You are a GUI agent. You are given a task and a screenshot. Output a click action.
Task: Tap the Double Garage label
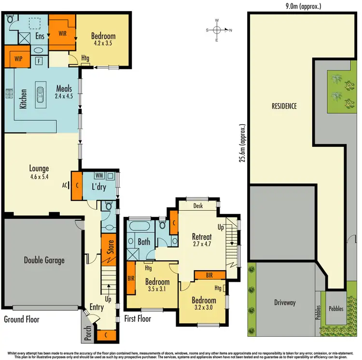44,260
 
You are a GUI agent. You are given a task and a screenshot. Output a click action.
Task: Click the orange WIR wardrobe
62,33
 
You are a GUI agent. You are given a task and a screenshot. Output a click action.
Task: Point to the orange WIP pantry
18,58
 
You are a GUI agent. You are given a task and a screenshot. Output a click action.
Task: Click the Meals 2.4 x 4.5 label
64,92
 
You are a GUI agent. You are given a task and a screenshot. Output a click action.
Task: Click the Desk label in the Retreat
197,206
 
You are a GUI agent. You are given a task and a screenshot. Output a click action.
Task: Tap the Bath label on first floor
144,242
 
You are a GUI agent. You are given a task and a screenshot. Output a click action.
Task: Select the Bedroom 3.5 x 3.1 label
157,286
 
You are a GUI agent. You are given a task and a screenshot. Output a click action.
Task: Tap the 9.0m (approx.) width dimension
303,6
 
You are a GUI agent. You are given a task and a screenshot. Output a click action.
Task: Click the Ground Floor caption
22,319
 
